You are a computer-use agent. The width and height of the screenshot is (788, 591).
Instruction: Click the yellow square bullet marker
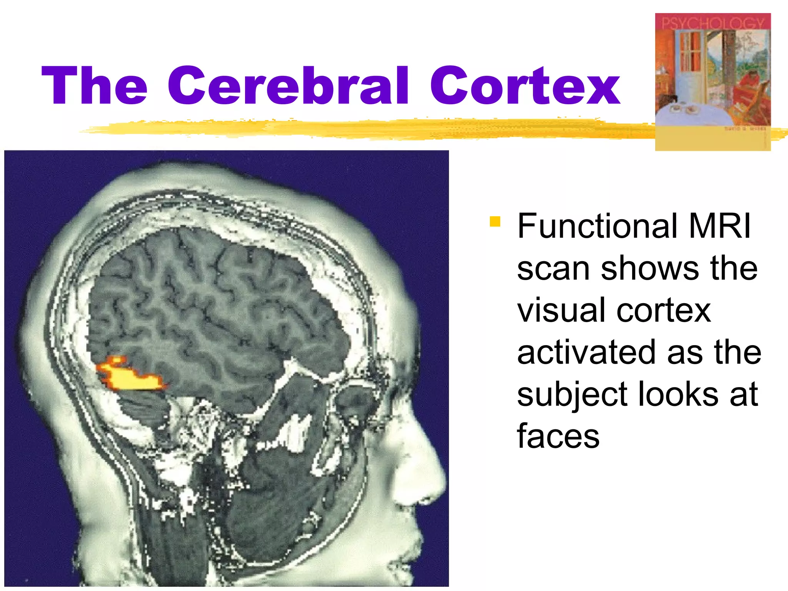pos(495,222)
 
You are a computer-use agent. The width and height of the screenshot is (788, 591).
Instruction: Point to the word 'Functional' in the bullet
pos(597,226)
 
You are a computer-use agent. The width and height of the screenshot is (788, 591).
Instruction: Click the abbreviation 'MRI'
pos(720,226)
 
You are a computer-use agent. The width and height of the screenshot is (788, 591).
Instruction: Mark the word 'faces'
pos(558,436)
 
